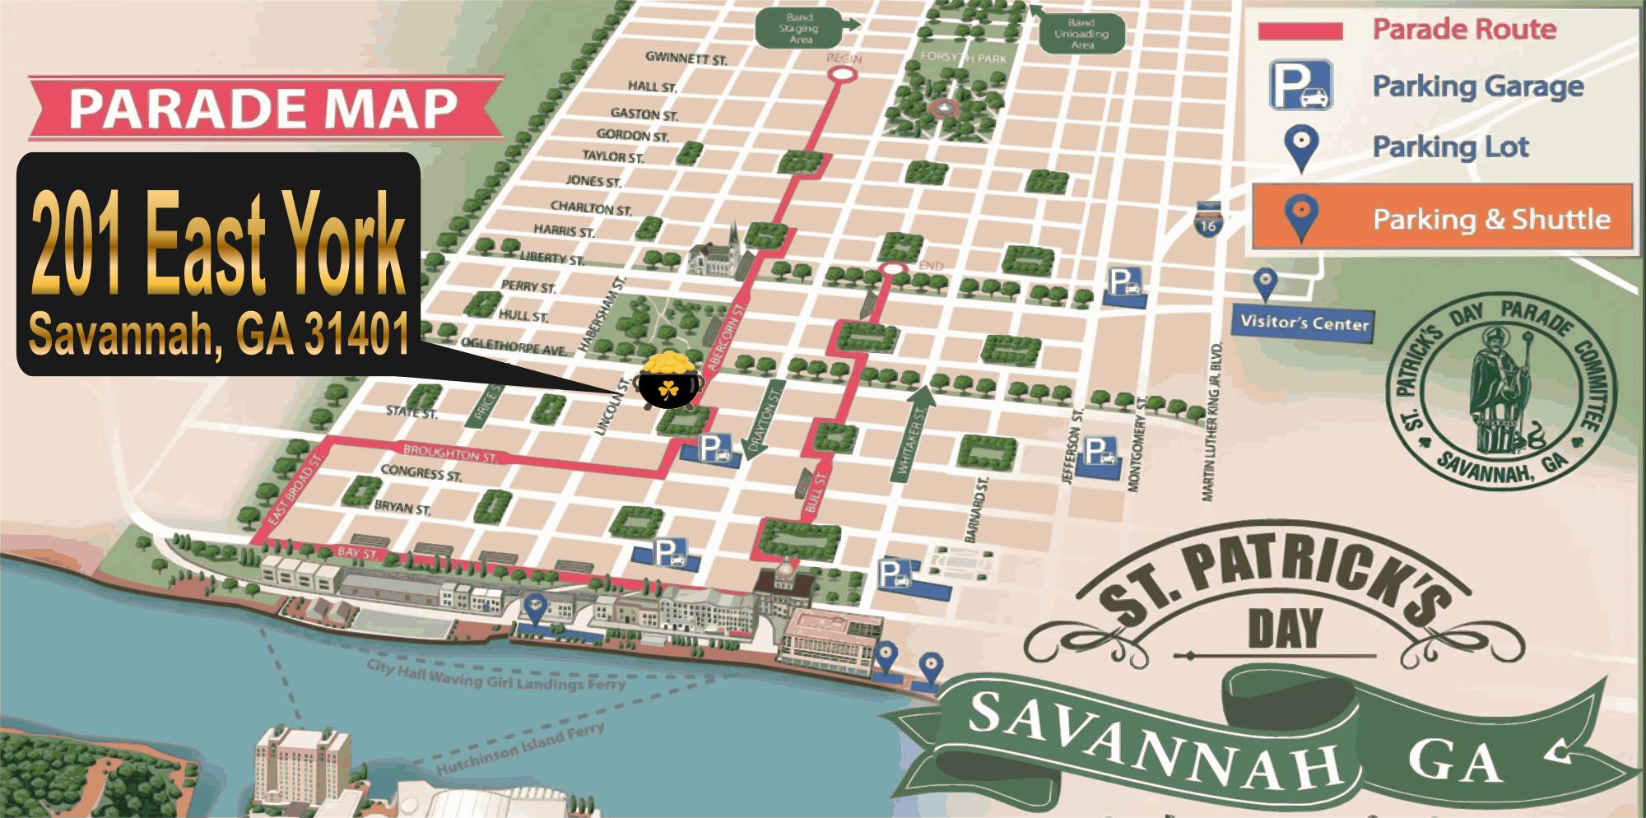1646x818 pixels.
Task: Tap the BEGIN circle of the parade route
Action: pyautogui.click(x=842, y=74)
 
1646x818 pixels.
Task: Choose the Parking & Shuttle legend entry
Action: pyautogui.click(x=1442, y=219)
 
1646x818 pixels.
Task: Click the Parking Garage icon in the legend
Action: pyautogui.click(x=1300, y=86)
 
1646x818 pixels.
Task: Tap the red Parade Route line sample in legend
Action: pyautogui.click(x=1300, y=31)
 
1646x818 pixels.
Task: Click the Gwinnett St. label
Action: pyautogui.click(x=686, y=58)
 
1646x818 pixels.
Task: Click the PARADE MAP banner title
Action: pyautogui.click(x=263, y=109)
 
